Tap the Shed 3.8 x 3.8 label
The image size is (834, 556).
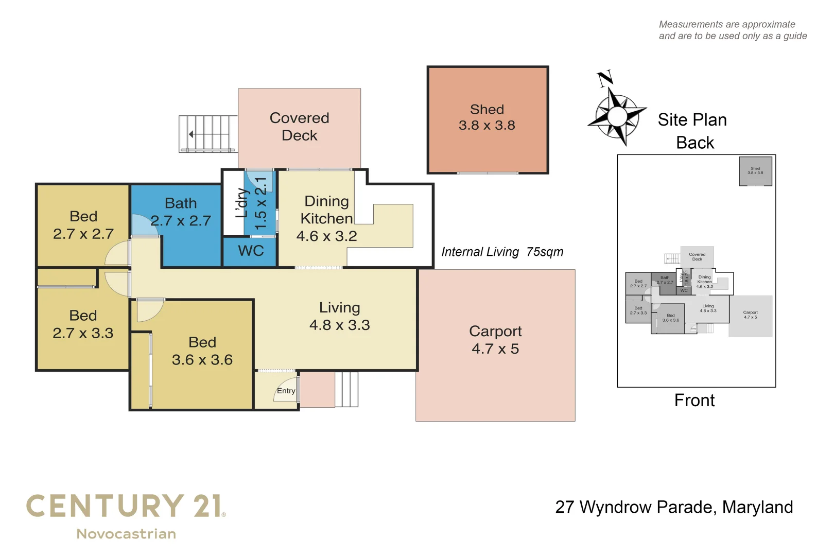[x=486, y=117]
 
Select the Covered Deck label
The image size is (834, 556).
[x=299, y=127]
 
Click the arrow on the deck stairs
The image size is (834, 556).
[x=192, y=134]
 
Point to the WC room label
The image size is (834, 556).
[x=251, y=251]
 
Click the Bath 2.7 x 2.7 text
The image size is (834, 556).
[x=181, y=212]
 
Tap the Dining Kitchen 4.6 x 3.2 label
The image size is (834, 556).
[x=326, y=218]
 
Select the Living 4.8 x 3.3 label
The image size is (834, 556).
[x=339, y=316]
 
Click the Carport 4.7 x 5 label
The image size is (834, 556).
[x=495, y=340]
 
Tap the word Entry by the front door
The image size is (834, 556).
[x=286, y=391]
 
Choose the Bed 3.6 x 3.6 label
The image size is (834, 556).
[x=202, y=351]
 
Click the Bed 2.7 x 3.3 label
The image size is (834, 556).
[x=83, y=324]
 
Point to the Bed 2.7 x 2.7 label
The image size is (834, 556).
[x=83, y=225]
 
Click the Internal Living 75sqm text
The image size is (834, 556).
[x=502, y=252]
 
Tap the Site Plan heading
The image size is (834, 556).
[x=692, y=120]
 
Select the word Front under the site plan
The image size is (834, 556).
[x=694, y=400]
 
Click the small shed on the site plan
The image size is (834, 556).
[x=755, y=171]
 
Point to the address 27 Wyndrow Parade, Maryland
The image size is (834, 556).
[x=674, y=507]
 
